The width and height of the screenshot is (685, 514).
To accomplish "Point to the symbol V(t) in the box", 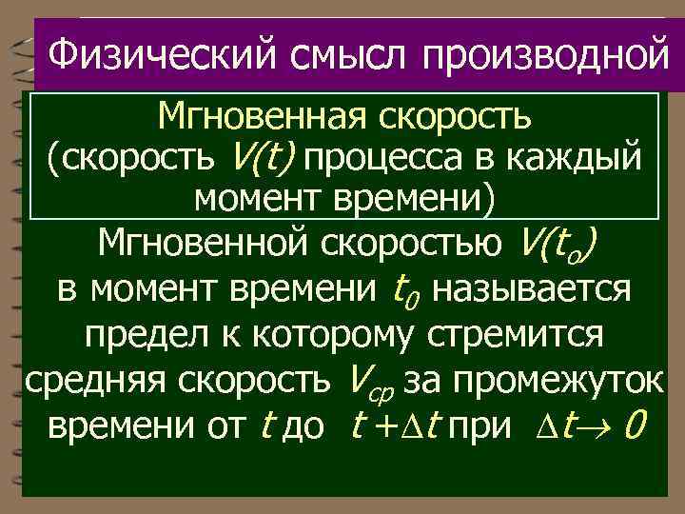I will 264,158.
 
